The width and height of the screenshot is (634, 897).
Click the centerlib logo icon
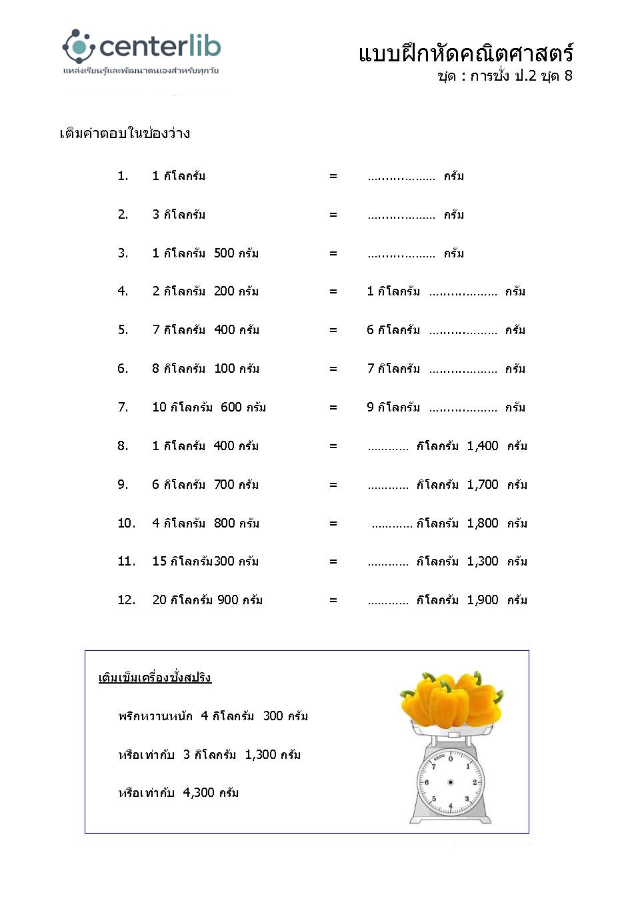79,47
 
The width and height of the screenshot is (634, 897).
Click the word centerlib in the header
160,47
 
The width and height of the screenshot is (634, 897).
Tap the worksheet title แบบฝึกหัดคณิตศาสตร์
465,53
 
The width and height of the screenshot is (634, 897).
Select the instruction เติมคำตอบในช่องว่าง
125,133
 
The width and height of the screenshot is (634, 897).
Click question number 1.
123,176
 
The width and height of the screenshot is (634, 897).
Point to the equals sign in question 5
333,330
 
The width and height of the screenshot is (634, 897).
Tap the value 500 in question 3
224,253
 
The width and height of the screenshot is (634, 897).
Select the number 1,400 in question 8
483,445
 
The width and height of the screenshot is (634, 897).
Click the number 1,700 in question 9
483,484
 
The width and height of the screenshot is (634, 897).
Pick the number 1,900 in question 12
483,600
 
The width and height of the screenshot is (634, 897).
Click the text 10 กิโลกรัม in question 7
182,407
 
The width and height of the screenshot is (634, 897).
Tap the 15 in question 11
159,561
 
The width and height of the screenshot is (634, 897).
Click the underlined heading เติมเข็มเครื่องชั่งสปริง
155,678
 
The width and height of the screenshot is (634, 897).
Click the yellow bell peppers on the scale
451,700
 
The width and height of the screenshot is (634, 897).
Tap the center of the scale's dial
451,782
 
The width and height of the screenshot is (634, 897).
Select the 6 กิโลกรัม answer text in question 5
393,330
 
